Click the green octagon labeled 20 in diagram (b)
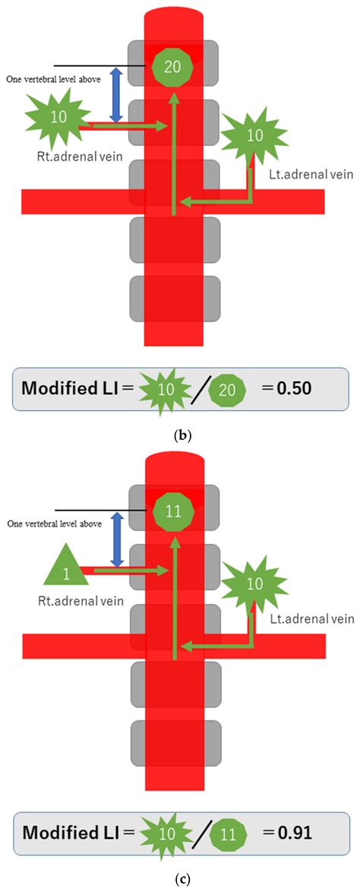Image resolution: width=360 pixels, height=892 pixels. [x=172, y=66]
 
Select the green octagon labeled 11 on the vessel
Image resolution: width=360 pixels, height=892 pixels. [x=174, y=510]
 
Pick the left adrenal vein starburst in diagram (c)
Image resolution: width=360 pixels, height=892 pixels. [x=255, y=584]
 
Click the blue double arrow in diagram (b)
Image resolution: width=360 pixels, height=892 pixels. [x=116, y=95]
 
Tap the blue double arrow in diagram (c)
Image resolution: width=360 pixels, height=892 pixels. [x=116, y=539]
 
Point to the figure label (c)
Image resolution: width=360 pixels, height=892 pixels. [x=180, y=879]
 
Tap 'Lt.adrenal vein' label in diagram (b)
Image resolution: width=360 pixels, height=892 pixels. [x=321, y=174]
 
